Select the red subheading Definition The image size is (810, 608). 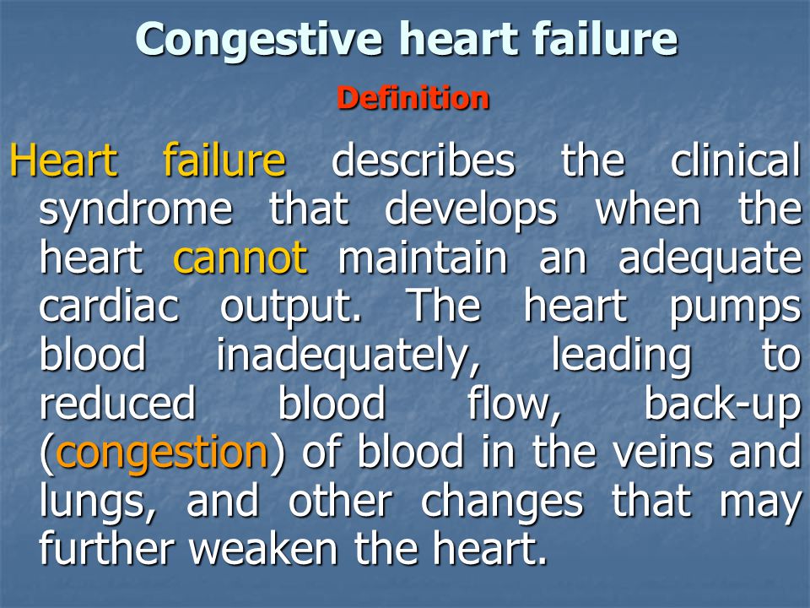(413, 98)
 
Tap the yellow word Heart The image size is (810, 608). (63, 160)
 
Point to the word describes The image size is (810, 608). (423, 160)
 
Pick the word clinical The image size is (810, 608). (736, 160)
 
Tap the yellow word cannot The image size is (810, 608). (240, 257)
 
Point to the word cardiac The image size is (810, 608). (109, 305)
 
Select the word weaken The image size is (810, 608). (263, 548)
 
